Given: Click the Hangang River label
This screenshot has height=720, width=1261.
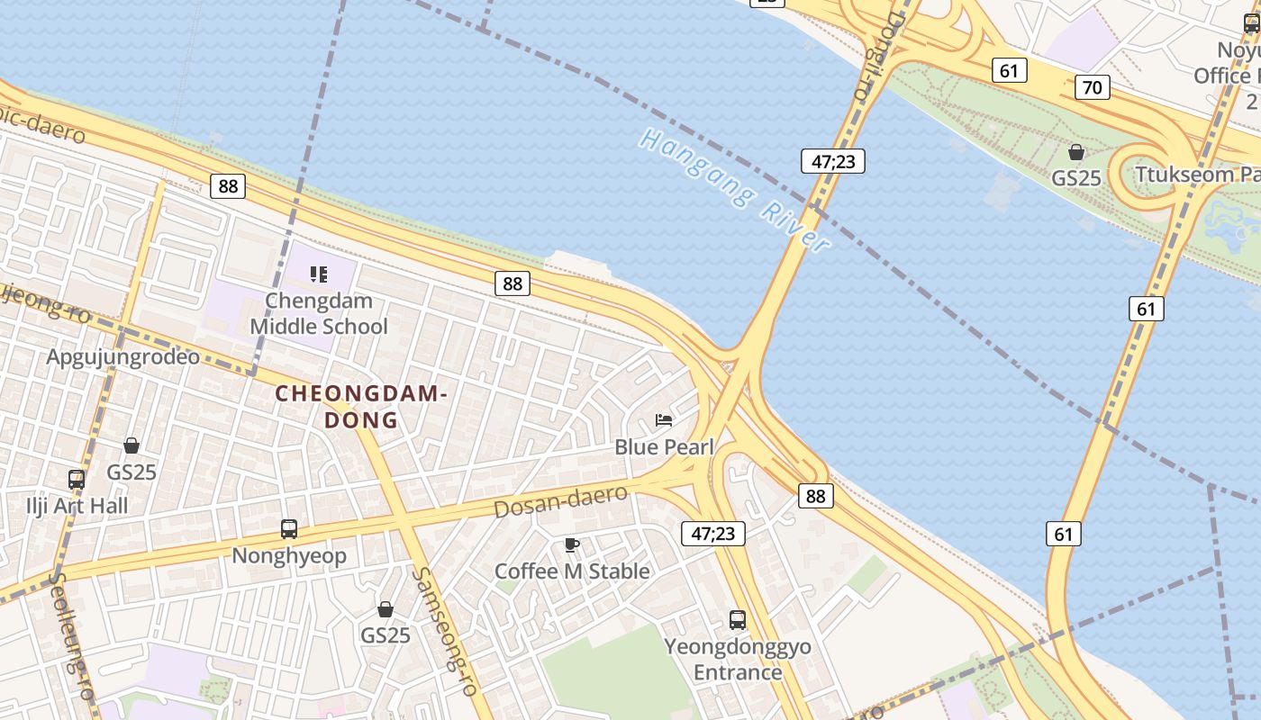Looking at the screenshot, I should [734, 190].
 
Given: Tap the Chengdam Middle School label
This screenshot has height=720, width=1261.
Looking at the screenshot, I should [319, 313].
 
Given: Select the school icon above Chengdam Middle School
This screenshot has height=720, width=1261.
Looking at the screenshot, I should [319, 274].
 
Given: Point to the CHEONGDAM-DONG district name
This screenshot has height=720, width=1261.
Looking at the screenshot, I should [360, 407].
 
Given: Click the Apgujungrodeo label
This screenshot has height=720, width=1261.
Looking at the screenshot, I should [122, 356].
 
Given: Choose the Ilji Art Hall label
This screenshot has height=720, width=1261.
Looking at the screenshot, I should [77, 506].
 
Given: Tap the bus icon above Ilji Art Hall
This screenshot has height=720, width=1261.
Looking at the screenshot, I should [77, 480].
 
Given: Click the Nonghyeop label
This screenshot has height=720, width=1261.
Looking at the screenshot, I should [289, 555].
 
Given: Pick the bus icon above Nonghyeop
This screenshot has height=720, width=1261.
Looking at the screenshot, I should [289, 529].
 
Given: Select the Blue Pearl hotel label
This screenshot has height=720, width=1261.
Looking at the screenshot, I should [664, 446].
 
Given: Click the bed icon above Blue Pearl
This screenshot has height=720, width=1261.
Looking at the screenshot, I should [664, 420].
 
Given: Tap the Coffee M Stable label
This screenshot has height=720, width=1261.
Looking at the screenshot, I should [572, 571].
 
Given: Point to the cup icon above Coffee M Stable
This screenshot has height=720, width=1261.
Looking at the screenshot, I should [571, 544].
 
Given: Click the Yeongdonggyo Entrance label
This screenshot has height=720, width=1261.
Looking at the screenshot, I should [738, 659].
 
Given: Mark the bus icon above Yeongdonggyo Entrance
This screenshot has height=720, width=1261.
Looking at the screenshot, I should [738, 620].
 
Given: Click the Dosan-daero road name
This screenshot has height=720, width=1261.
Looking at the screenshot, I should [560, 501].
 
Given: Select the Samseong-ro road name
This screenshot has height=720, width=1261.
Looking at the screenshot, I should [444, 630].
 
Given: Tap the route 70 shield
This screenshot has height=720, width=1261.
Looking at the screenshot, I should [1092, 87].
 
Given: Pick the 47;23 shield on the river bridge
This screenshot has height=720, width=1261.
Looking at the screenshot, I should [832, 162].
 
